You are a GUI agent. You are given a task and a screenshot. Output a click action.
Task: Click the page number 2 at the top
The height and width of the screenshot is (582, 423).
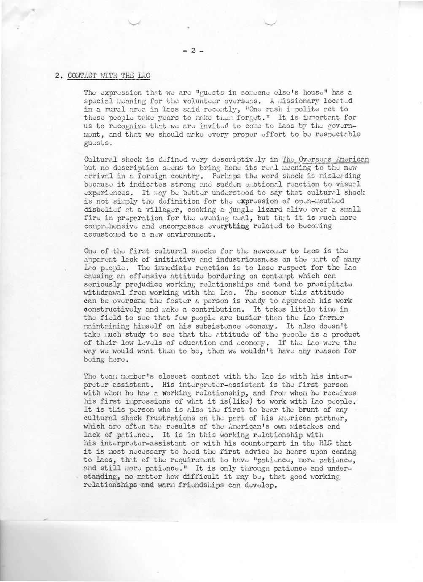pyautogui.click(x=191, y=51)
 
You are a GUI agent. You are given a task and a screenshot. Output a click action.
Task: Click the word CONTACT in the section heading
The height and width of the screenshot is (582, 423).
pyautogui.click(x=83, y=76)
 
